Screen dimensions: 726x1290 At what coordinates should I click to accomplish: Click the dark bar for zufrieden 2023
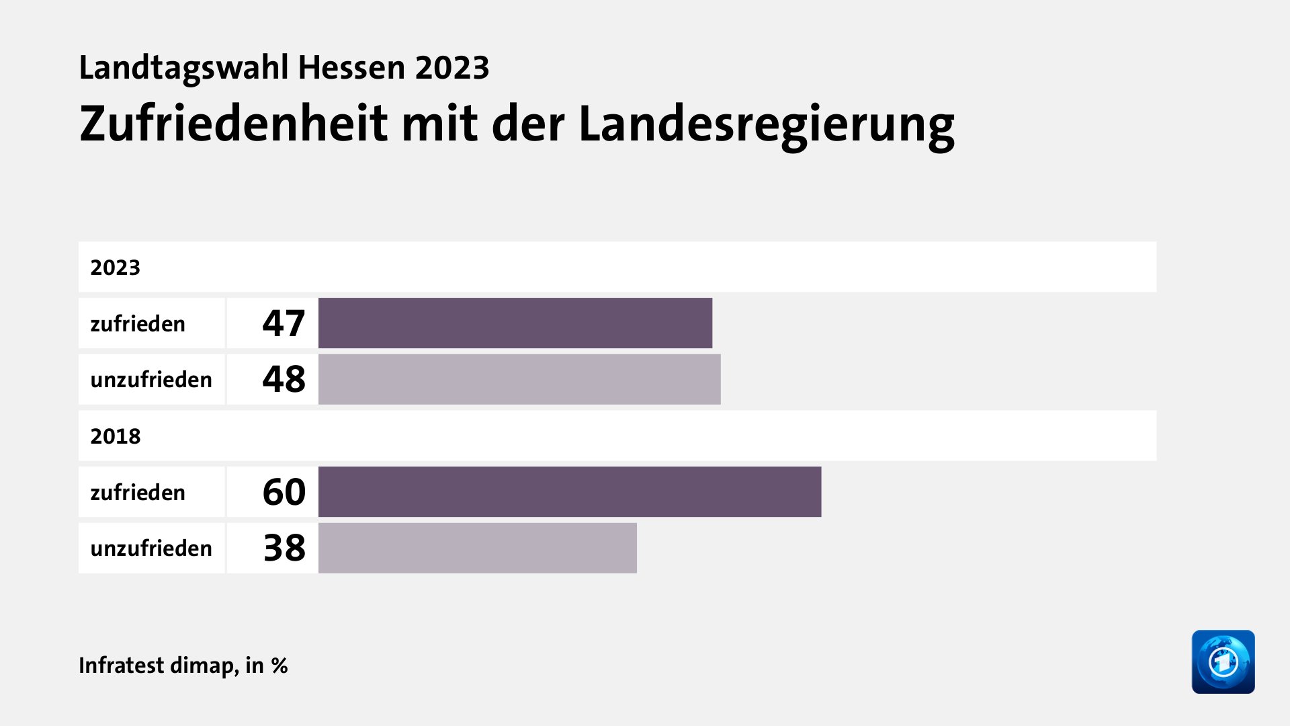[515, 323]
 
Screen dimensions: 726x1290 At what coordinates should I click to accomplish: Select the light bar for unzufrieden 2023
[519, 380]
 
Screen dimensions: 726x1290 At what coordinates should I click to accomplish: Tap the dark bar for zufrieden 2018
[569, 492]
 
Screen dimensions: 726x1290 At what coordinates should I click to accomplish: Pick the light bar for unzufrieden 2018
[477, 549]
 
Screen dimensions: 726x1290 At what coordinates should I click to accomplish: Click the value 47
[284, 323]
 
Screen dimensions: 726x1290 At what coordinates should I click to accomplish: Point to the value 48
[284, 380]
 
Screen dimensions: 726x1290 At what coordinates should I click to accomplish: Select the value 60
[284, 492]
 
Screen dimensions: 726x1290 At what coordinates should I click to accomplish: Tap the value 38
[284, 549]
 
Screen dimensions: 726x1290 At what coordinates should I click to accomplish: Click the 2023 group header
[116, 268]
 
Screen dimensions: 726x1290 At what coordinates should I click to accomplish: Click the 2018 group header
[116, 436]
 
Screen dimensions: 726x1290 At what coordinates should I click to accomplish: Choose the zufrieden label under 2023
[138, 324]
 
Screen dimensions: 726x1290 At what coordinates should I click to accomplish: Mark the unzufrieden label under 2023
[151, 380]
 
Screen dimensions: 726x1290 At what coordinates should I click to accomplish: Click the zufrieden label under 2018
[138, 493]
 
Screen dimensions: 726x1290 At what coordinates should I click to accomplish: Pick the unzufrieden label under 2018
[151, 549]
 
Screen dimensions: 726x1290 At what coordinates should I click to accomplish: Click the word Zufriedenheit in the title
[233, 124]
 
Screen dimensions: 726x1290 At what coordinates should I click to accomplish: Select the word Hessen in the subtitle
[351, 68]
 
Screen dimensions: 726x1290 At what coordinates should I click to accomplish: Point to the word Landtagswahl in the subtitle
[183, 68]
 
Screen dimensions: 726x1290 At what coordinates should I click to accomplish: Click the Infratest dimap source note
[183, 665]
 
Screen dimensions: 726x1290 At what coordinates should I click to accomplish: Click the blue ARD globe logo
[1223, 661]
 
